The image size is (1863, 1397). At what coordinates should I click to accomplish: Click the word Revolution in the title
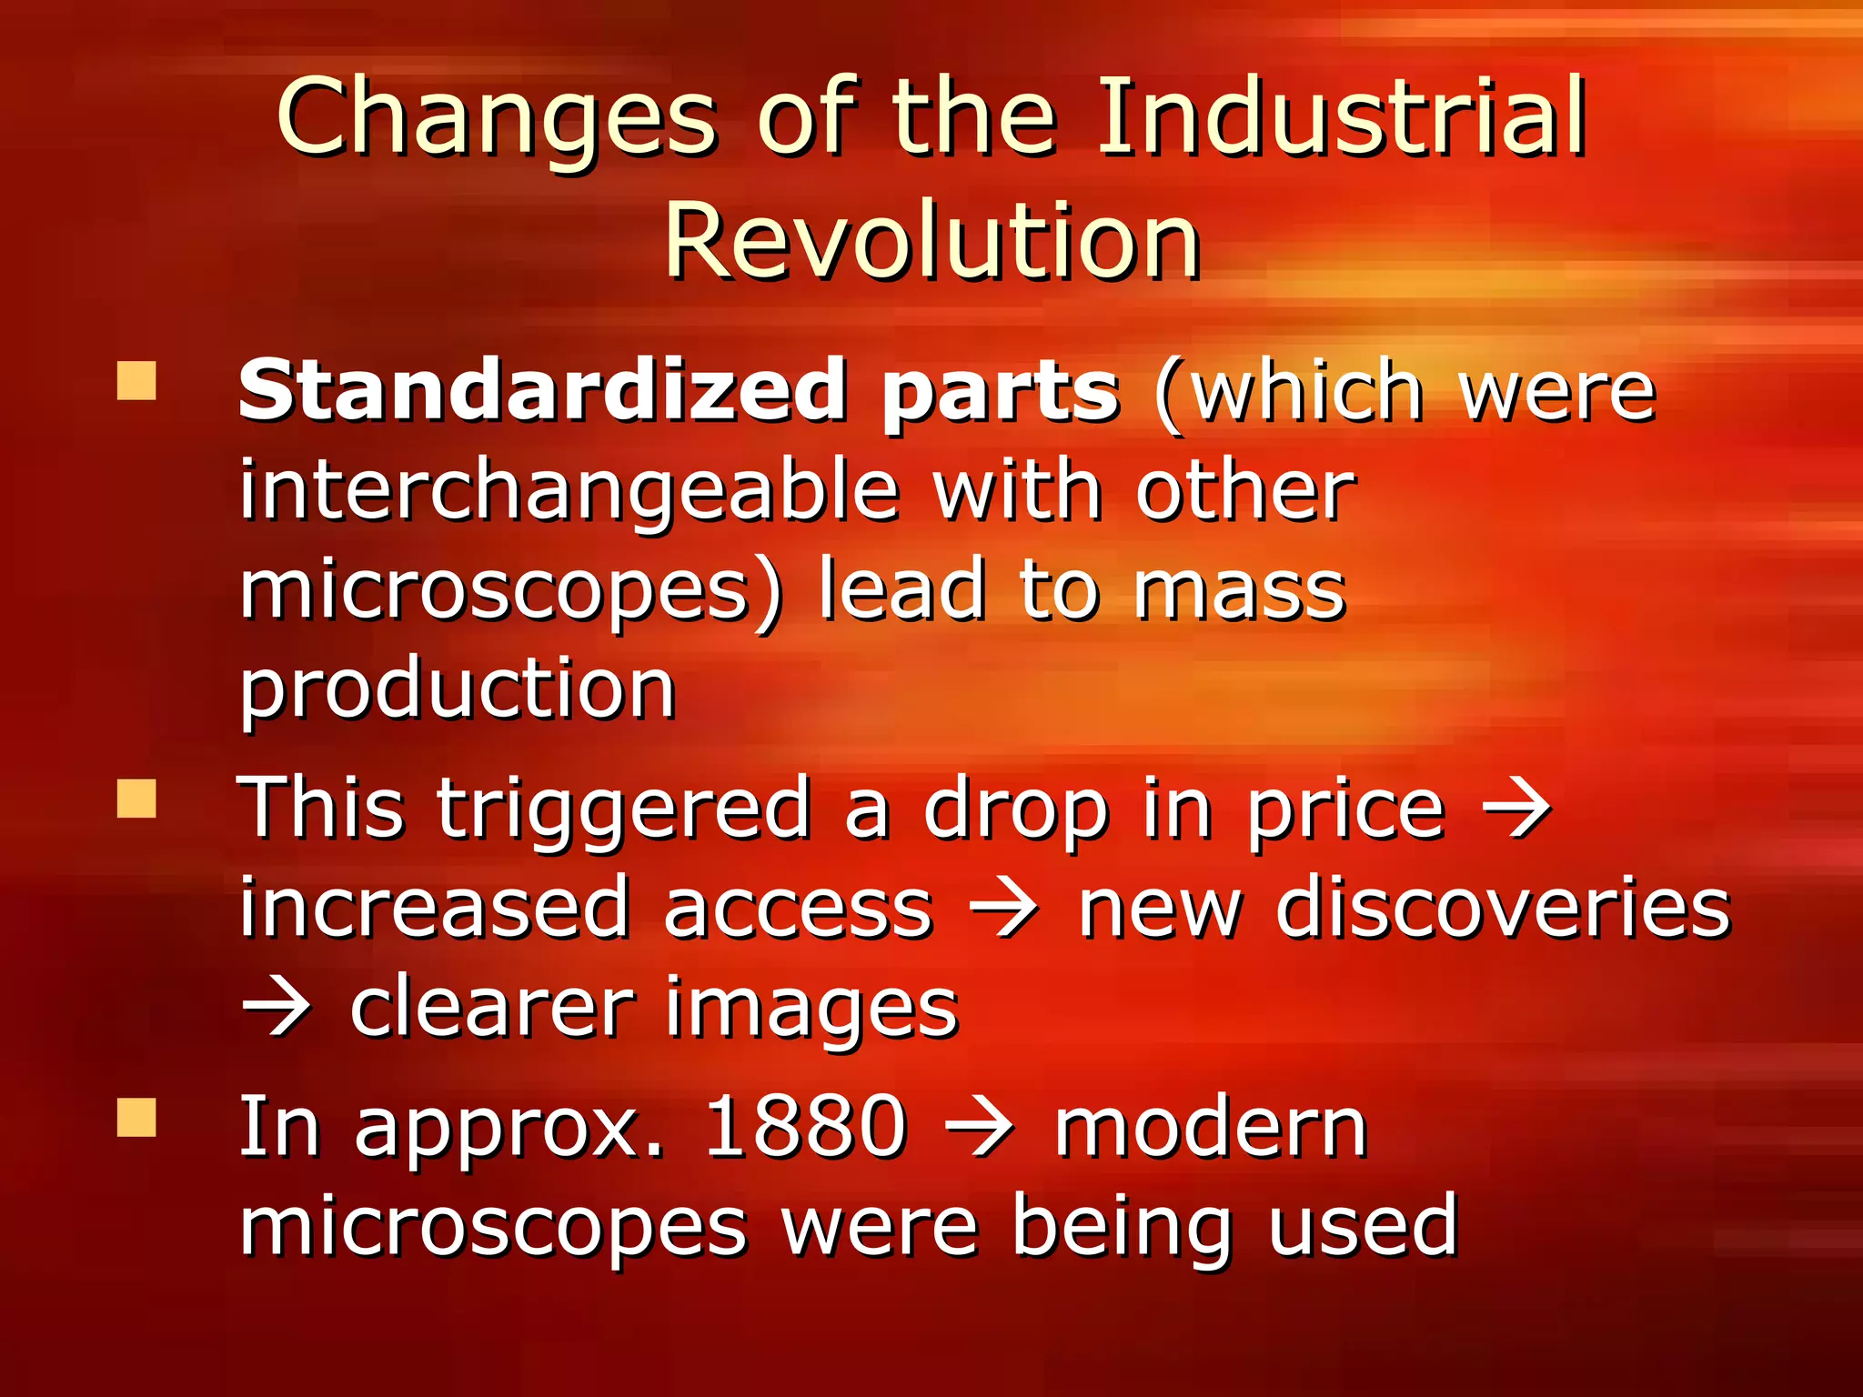(x=932, y=241)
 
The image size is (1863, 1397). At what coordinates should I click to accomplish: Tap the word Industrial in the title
(x=1342, y=118)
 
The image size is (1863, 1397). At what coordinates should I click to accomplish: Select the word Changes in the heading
(x=497, y=118)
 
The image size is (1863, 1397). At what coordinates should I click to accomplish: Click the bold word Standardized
(x=542, y=391)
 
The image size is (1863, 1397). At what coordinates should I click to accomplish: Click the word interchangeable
(x=569, y=491)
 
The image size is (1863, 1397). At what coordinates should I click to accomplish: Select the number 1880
(x=805, y=1128)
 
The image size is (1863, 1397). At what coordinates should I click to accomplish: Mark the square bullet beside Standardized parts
(x=136, y=382)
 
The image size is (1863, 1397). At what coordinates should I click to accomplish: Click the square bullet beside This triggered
(x=136, y=799)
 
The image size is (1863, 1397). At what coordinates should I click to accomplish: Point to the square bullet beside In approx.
(x=136, y=1118)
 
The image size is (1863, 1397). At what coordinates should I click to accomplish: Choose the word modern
(x=1211, y=1128)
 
